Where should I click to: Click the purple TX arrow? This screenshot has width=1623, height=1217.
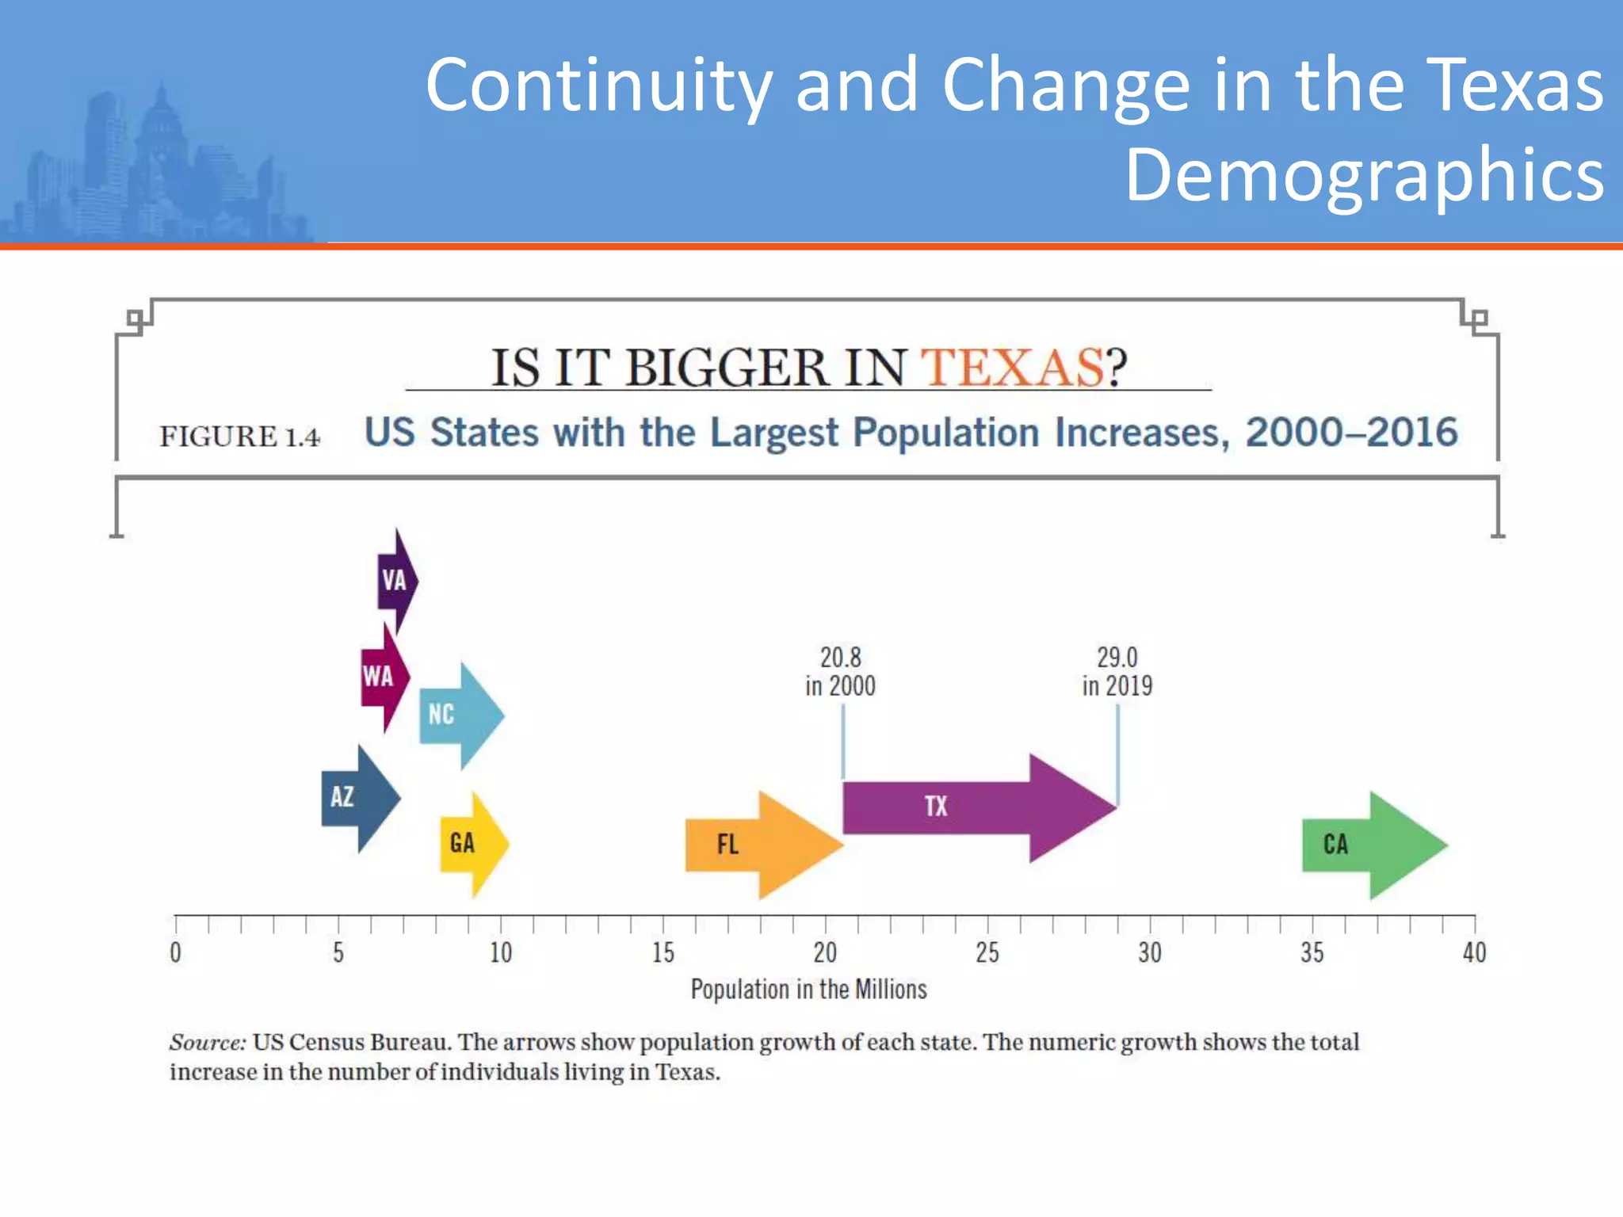[x=975, y=807]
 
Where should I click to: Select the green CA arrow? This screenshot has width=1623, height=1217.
[x=1371, y=845]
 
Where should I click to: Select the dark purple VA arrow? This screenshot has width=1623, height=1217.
[x=396, y=581]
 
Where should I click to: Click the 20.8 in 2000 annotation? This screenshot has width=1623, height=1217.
[x=840, y=671]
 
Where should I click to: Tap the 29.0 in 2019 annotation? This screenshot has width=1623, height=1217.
[x=1117, y=671]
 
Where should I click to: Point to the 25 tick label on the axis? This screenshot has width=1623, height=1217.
[x=987, y=952]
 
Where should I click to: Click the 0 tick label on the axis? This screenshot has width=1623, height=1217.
[x=176, y=952]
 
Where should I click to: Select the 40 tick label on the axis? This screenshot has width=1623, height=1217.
[x=1474, y=952]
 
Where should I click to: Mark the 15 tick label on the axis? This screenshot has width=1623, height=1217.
[x=663, y=952]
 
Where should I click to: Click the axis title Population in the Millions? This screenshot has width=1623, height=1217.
[x=808, y=990]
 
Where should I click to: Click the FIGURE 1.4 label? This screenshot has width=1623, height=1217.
[x=239, y=437]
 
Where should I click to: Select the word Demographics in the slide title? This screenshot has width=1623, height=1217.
[x=1364, y=174]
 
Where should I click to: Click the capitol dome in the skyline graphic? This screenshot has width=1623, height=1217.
[x=162, y=119]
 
